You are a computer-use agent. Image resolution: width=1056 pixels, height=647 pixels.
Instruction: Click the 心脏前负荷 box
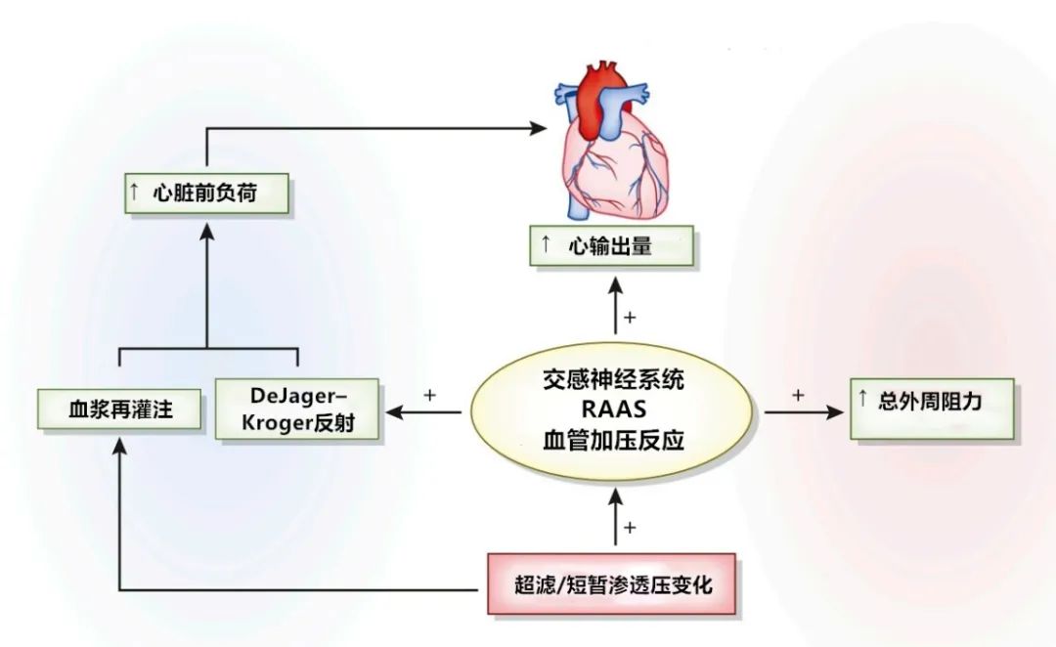coord(205,194)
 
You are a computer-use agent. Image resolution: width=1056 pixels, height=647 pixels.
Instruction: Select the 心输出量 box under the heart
coord(611,246)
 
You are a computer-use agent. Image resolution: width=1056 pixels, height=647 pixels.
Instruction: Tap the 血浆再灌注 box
coord(119,410)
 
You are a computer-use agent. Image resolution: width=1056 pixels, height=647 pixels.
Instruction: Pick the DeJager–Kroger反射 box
coord(296,410)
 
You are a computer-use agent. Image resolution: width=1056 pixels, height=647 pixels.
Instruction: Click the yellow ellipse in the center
coord(613,410)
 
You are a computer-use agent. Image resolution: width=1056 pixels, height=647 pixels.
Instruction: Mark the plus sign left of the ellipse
coord(428,395)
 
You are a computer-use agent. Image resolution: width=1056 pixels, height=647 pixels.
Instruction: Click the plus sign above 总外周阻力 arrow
coord(798,395)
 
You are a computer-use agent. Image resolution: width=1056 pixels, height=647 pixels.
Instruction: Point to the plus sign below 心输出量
coord(631,317)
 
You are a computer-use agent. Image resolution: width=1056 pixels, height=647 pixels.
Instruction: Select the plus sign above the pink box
coord(631,528)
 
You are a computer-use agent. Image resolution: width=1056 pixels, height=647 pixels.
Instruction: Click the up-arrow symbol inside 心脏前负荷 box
coord(134,193)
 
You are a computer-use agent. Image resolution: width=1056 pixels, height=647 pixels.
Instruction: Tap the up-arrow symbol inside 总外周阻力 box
coord(862,400)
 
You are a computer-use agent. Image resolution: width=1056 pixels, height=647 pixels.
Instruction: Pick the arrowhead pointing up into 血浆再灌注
coord(119,445)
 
